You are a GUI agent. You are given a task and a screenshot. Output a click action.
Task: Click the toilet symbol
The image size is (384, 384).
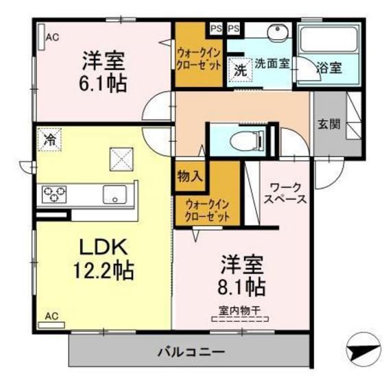pos(247,141)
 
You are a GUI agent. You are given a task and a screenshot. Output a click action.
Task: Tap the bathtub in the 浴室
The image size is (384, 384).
pos(328,40)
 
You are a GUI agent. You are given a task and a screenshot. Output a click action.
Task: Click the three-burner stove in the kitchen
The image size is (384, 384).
pos(54,194)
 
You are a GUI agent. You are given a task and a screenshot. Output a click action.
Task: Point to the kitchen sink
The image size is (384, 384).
pos(115,195)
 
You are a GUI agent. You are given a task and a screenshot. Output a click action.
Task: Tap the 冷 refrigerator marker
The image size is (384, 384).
pos(49,140)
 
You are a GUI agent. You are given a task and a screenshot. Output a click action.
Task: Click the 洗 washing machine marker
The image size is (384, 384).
pos(240,71)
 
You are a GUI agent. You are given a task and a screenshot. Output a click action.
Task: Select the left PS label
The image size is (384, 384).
pos(216,29)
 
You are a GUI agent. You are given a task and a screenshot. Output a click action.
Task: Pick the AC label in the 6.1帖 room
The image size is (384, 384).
pos(52,37)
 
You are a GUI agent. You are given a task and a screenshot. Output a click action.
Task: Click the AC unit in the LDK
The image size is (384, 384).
pos(51,325)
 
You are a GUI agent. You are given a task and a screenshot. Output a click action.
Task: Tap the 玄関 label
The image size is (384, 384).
pos(329,124)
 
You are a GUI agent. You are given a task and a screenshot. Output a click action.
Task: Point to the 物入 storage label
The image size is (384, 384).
pos(190,176)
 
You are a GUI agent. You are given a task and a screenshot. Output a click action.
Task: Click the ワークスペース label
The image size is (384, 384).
pos(285,193)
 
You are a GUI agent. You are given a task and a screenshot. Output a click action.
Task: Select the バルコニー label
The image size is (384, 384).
pos(191,352)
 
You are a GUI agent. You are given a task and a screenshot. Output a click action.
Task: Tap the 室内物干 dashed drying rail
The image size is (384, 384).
pos(240,319)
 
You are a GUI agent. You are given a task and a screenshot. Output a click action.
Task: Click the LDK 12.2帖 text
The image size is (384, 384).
pos(104,259)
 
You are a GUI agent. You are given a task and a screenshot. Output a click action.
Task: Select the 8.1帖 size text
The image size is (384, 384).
pos(241,287)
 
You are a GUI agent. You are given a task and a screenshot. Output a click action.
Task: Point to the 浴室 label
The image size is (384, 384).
pos(329,68)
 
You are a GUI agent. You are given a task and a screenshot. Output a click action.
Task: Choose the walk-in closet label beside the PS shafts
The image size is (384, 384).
pos(199,59)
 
